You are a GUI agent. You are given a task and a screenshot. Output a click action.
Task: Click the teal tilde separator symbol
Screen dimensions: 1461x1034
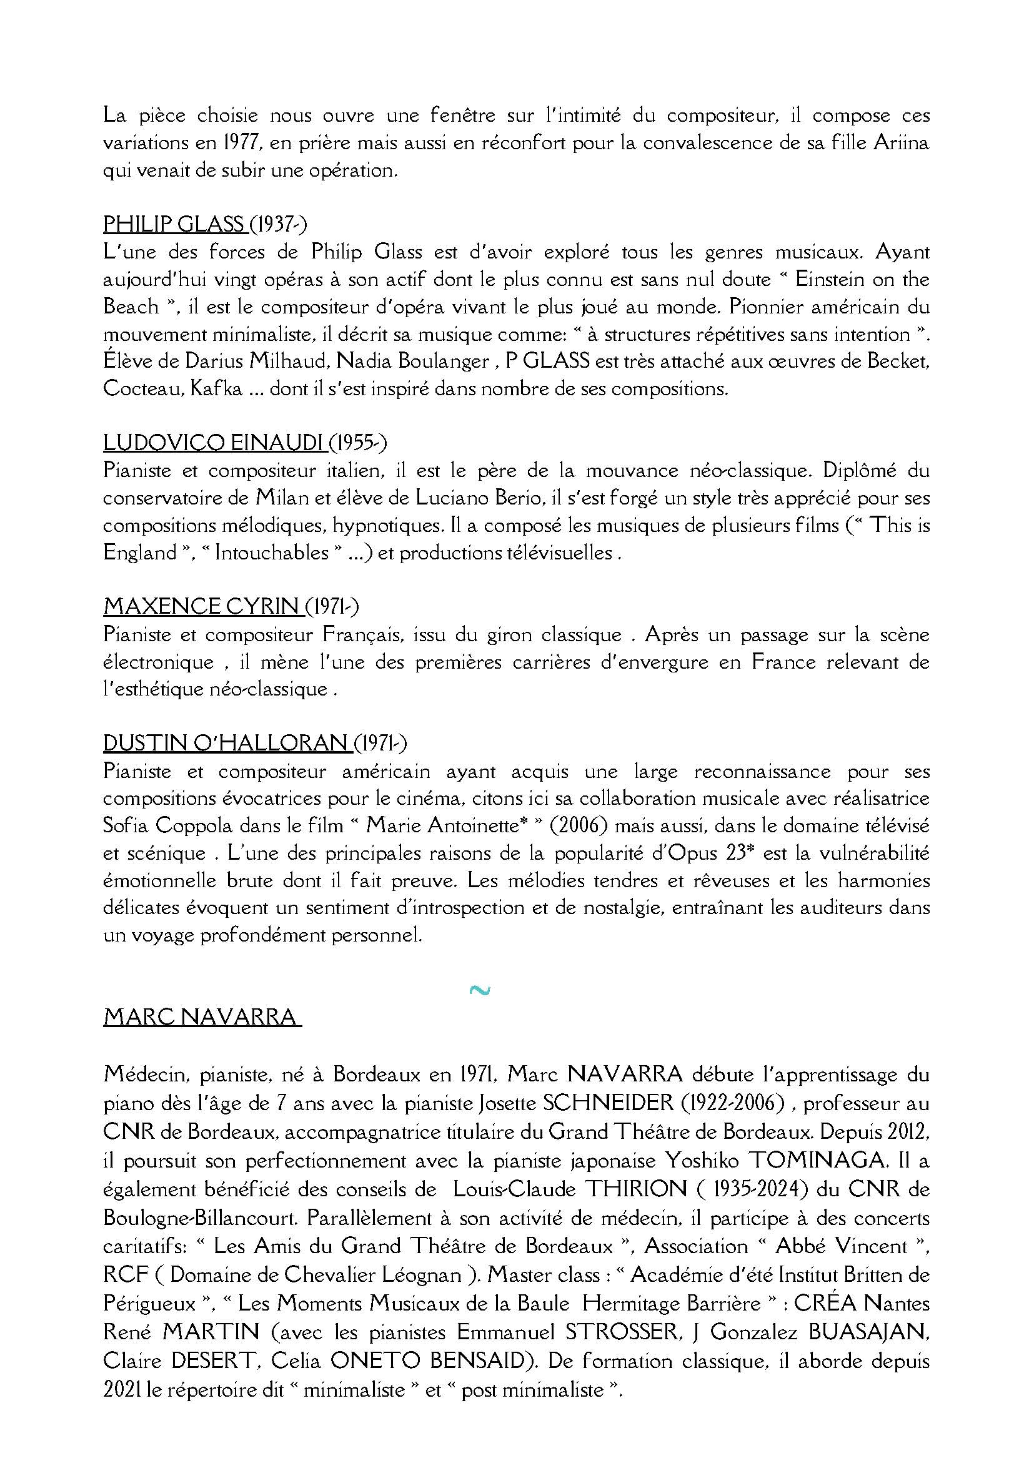479,990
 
